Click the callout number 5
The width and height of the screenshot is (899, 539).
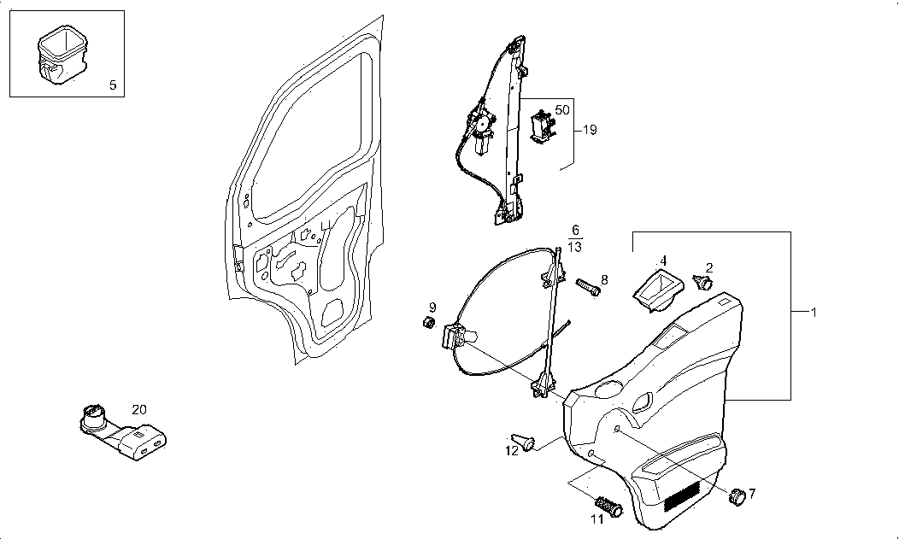pos(113,85)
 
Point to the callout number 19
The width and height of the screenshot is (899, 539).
pos(589,130)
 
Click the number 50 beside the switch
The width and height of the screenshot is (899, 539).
pos(561,110)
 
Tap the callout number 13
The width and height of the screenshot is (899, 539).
pos(575,247)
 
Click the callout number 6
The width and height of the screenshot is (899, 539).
pos(575,231)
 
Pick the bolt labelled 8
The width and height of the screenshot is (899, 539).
pos(588,287)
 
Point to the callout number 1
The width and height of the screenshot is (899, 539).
pos(813,313)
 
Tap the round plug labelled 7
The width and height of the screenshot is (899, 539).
pos(737,496)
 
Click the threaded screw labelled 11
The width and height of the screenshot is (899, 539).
pos(608,506)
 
